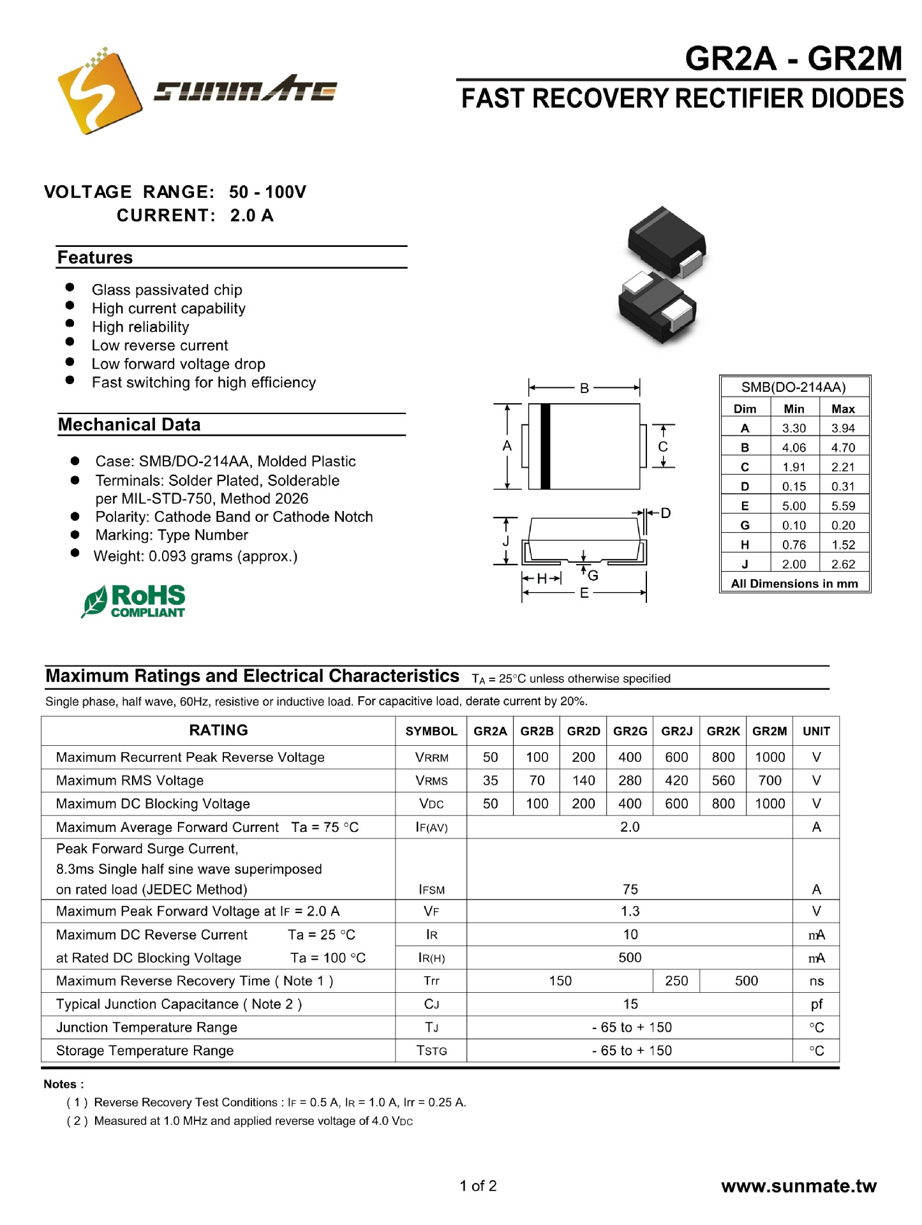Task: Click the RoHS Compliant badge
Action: click(x=134, y=601)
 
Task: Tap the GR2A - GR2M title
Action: click(x=793, y=59)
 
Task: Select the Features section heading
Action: click(x=95, y=258)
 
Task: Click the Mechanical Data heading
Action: click(x=130, y=425)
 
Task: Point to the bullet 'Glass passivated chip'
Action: click(x=167, y=290)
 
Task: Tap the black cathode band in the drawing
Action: click(x=545, y=447)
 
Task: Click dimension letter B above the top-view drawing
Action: click(x=584, y=388)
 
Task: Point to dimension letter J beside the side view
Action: click(x=506, y=541)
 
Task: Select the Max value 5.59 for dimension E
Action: click(x=842, y=506)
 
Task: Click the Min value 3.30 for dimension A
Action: click(x=794, y=428)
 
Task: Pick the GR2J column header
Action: click(x=676, y=731)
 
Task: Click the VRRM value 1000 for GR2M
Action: click(x=770, y=757)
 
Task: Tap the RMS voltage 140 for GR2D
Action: click(x=583, y=780)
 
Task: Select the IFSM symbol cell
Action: click(x=431, y=889)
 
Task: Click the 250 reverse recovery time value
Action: click(x=676, y=981)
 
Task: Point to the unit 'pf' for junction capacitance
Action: click(x=816, y=1004)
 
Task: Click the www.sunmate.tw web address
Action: click(x=798, y=1186)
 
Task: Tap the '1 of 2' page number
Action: click(x=478, y=1186)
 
